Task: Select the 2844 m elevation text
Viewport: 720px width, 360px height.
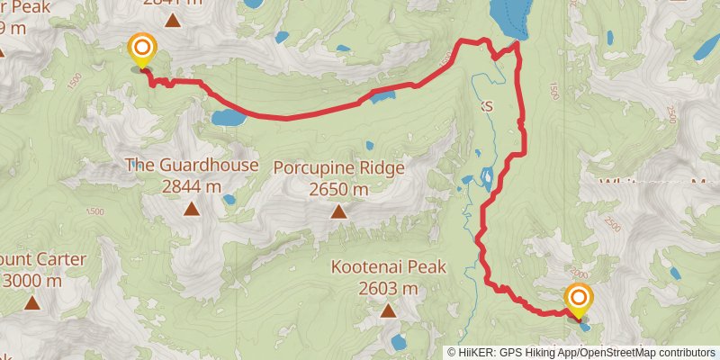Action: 191,186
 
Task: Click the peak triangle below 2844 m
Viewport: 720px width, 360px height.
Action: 191,210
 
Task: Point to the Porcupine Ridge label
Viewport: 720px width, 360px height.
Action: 338,167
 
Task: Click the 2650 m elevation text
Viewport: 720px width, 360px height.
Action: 338,189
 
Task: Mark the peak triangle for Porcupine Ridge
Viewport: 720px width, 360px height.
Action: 338,212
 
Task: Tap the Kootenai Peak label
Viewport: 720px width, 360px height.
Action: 388,267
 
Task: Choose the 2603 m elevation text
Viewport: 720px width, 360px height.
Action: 388,289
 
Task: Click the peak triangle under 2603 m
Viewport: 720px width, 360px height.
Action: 388,311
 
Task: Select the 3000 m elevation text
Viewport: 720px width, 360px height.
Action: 31,281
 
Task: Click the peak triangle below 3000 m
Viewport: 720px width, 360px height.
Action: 31,303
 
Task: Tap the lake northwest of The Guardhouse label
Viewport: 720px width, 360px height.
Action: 227,117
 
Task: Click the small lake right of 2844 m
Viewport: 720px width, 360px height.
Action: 229,199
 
